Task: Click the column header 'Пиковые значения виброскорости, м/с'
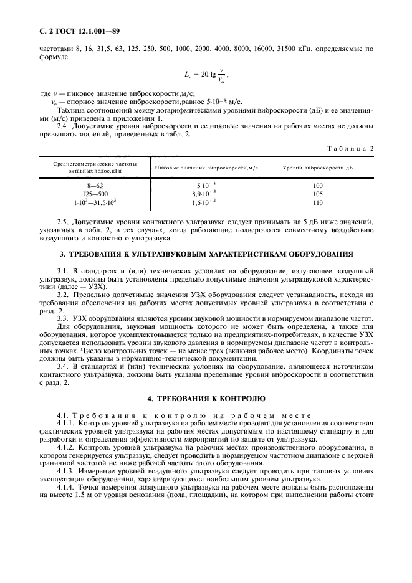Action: click(206, 168)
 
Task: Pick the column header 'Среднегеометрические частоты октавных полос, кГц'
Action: click(95, 168)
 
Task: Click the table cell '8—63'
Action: click(95, 186)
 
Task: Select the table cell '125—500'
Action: click(95, 194)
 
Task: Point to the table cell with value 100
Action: click(318, 186)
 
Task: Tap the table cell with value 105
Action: click(318, 194)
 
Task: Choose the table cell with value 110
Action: click(318, 202)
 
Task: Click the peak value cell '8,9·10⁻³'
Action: click(206, 194)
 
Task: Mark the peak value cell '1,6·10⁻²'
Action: click(206, 202)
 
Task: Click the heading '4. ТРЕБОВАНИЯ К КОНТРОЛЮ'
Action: click(206, 398)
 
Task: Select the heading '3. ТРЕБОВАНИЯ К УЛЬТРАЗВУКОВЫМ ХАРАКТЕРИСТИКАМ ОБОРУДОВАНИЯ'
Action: click(206, 254)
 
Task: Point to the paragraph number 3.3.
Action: click(64, 318)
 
